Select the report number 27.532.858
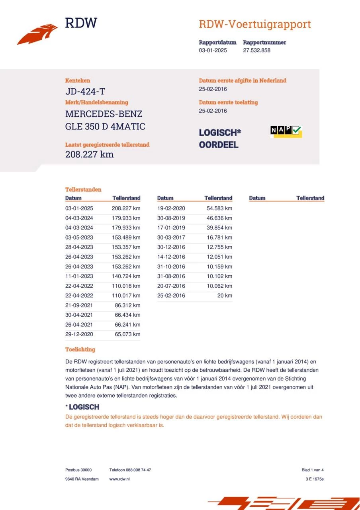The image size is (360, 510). [256, 51]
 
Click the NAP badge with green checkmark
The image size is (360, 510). [286, 131]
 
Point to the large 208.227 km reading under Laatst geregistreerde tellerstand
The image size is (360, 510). [89, 154]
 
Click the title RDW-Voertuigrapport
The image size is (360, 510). [254, 24]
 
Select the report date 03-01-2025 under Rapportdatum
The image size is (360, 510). [213, 51]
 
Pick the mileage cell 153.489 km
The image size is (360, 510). [126, 237]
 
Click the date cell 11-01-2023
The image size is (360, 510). [79, 276]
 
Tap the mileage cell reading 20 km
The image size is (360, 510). [225, 296]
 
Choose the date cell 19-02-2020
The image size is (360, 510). [171, 208]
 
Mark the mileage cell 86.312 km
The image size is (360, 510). [127, 305]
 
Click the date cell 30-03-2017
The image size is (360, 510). [171, 237]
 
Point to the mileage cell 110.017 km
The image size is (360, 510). [126, 296]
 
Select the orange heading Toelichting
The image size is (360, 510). [80, 349]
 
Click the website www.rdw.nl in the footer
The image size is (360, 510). [119, 479]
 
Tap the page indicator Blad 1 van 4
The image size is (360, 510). [313, 470]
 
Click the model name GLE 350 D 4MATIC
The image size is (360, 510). [105, 127]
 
